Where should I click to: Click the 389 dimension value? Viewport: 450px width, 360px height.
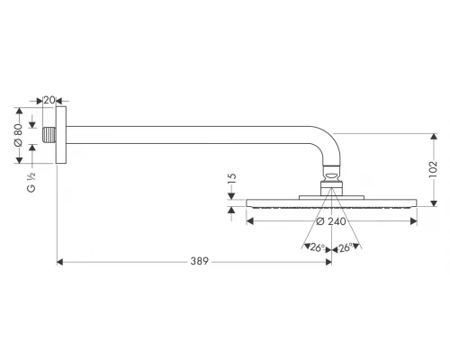pos(199,262)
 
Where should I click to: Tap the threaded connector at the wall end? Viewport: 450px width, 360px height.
pos(49,136)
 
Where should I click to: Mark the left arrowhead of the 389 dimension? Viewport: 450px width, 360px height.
pos(60,262)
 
